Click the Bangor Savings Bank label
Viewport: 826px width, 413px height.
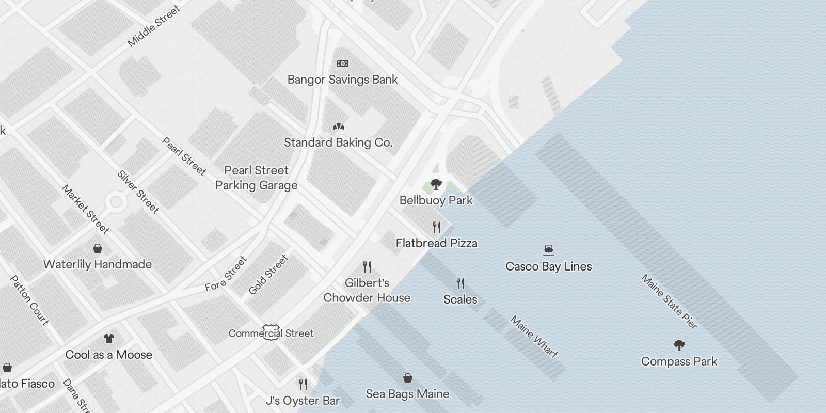coord(342,80)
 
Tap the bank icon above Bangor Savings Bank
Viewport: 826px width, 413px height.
coord(342,63)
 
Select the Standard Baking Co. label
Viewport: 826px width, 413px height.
coord(338,142)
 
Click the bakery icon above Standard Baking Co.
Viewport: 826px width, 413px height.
coord(338,126)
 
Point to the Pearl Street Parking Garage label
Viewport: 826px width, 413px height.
coord(257,178)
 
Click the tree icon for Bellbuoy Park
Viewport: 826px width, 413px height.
coord(436,184)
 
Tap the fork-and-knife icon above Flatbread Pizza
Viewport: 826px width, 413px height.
coord(437,227)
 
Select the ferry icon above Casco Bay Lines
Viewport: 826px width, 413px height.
coord(549,250)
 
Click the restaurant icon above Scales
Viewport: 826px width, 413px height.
coord(460,283)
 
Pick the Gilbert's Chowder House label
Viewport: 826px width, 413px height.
coord(367,290)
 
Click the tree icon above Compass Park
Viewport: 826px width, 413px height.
coord(679,345)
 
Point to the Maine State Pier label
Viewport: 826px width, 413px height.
coord(669,301)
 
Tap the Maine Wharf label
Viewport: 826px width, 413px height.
coord(534,337)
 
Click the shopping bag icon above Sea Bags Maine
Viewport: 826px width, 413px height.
coord(407,378)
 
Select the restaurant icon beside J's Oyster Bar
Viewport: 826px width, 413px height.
coord(303,384)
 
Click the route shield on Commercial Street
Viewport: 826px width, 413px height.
coord(272,332)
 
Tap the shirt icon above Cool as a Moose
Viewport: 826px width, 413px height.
coord(108,339)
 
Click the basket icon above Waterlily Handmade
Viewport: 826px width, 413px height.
coord(97,248)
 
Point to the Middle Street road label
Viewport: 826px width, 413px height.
coord(154,26)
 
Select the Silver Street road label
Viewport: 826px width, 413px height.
coord(138,192)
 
